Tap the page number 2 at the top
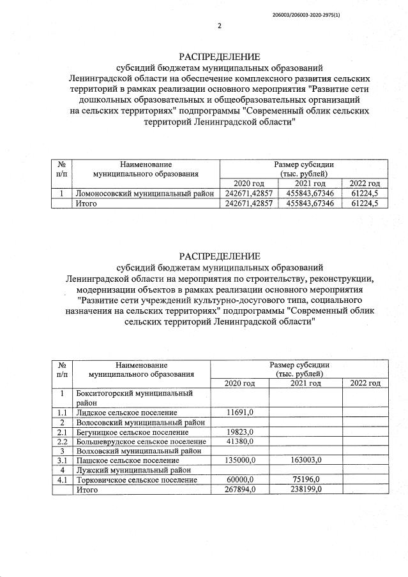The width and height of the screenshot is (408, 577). pyautogui.click(x=219, y=26)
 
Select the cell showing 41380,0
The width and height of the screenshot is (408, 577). pyautogui.click(x=241, y=441)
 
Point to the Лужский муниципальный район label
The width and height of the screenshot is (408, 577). pyautogui.click(x=134, y=469)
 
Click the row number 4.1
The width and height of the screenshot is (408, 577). pyautogui.click(x=63, y=479)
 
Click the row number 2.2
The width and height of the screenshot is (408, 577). pyautogui.click(x=63, y=441)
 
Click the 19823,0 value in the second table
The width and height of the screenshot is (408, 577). pyautogui.click(x=241, y=432)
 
